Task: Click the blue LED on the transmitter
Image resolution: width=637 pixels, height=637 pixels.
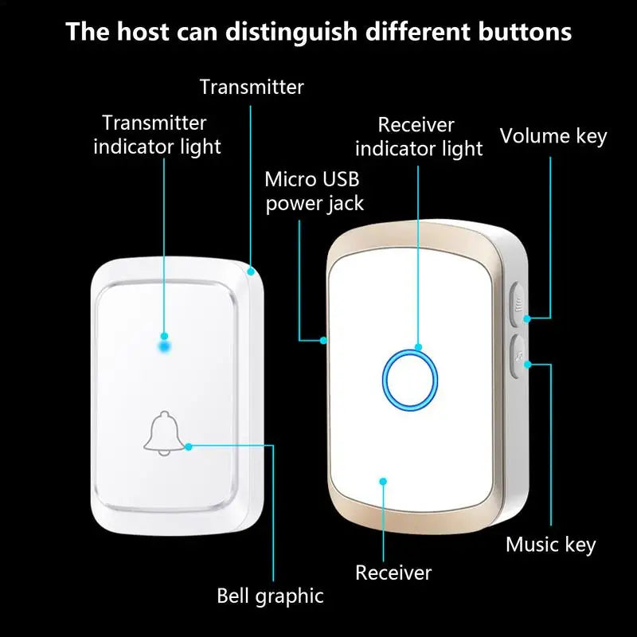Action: tap(165, 346)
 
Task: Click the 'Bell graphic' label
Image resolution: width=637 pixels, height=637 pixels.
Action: tap(270, 596)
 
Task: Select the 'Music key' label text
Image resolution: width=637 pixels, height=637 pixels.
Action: tap(551, 545)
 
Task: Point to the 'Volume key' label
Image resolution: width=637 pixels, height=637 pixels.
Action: tap(553, 136)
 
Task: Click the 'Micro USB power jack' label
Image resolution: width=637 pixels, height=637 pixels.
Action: tap(314, 191)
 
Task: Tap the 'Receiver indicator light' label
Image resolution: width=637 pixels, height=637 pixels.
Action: tap(419, 137)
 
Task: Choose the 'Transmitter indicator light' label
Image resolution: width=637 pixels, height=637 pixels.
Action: tap(157, 135)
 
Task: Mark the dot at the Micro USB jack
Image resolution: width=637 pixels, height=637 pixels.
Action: tap(323, 341)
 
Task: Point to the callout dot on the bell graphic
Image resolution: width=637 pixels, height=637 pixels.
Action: tap(189, 447)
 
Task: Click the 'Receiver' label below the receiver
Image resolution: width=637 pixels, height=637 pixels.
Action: tap(393, 572)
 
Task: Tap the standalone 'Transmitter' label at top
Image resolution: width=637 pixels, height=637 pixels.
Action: tap(252, 87)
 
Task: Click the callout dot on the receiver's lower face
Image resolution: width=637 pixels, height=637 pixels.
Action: tap(383, 481)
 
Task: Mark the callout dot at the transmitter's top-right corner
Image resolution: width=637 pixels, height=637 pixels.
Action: tap(252, 272)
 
